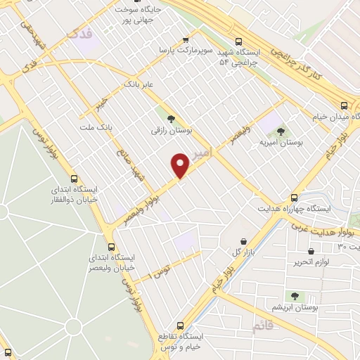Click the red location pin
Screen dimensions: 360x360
(181, 166)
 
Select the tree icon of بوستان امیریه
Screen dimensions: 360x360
(281, 130)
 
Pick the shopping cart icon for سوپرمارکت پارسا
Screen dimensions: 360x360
(185, 39)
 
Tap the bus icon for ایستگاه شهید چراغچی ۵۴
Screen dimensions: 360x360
(239, 41)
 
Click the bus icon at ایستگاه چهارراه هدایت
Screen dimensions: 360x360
(294, 198)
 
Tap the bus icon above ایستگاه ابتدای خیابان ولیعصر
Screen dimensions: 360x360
(111, 247)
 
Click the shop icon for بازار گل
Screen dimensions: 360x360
(243, 240)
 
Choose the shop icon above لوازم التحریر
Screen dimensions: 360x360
(311, 251)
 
